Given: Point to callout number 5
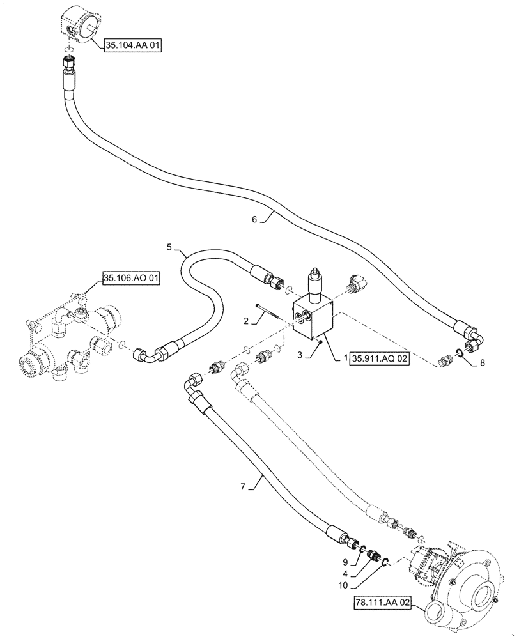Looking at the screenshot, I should (169, 246).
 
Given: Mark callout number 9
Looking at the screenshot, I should (345, 562).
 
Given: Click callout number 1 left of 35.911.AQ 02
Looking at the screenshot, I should (346, 360).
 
